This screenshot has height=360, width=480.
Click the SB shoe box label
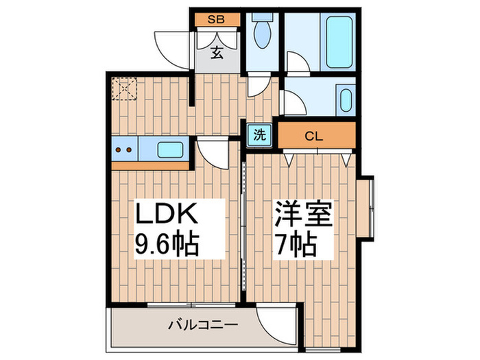click(x=217, y=19)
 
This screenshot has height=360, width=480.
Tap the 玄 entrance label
click(x=216, y=51)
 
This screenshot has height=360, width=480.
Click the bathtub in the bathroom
click(x=331, y=41)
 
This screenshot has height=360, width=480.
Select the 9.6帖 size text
click(x=167, y=243)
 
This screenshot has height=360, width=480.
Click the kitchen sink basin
click(x=169, y=148)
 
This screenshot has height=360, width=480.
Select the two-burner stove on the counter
click(x=124, y=149)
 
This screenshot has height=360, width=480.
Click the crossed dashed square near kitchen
click(x=125, y=88)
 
